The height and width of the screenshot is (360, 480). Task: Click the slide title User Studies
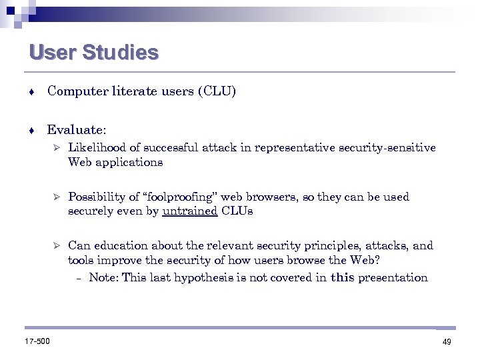point(94,53)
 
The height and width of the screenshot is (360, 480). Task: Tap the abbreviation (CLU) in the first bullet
point(217,91)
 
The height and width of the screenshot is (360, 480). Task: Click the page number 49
point(446,342)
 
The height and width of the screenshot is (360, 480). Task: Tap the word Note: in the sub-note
point(104,277)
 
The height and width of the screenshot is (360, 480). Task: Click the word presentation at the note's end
point(393,277)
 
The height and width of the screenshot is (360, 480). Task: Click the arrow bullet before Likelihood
point(57,148)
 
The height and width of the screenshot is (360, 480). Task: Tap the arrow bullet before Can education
point(57,246)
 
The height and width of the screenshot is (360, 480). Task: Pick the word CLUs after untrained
point(237,211)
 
